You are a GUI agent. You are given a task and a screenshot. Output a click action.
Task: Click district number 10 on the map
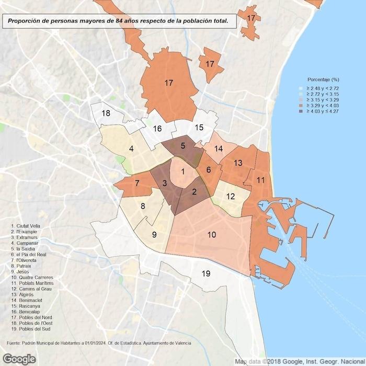tap(211, 235)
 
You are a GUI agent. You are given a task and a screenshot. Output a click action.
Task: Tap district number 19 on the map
tap(206, 273)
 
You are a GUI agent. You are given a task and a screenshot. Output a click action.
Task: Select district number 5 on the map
tap(183, 146)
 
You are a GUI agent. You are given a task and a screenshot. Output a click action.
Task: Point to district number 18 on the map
tap(106, 113)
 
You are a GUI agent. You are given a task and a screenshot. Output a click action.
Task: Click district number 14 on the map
tap(219, 149)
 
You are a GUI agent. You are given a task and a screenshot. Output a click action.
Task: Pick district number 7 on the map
tap(137, 184)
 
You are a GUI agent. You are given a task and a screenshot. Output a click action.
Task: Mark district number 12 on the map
tap(231, 197)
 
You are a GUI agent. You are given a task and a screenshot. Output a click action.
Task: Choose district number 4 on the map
tap(131, 149)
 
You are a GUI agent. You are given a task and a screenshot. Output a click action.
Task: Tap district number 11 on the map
tap(260, 180)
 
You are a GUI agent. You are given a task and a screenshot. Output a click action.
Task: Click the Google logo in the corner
tap(19, 359)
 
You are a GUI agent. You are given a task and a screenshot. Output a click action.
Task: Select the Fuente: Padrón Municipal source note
tap(99, 343)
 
